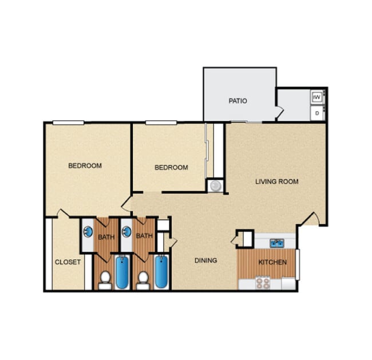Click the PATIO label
pos(238,101)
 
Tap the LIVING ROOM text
pos(276,182)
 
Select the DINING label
pos(205,260)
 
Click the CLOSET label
pos(68,262)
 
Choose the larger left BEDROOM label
pos(85,166)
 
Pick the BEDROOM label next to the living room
pos(171,168)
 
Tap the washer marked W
pos(318,97)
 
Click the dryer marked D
pos(318,113)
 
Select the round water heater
pos(215,185)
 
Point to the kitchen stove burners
pos(263,283)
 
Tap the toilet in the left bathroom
pos(104,280)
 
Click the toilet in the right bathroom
pos(143,280)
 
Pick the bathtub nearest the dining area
pos(161,272)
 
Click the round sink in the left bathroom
pos(88,232)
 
